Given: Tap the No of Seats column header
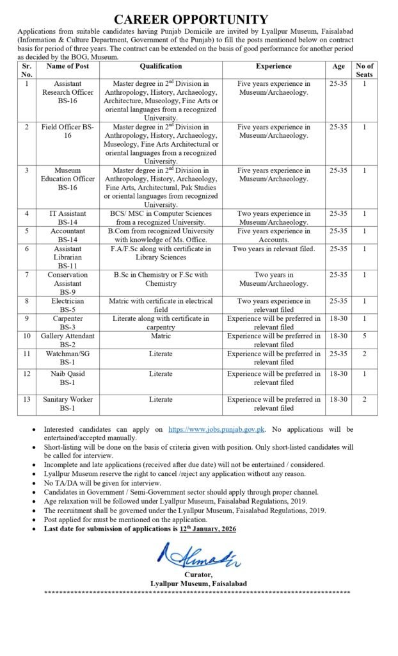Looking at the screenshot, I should (364, 70).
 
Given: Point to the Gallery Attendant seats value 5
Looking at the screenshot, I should (364, 336).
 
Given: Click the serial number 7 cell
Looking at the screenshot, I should (27, 275).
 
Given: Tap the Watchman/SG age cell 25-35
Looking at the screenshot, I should (338, 354).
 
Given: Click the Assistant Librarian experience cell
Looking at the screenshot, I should (274, 249).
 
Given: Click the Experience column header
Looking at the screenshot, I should (274, 66).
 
